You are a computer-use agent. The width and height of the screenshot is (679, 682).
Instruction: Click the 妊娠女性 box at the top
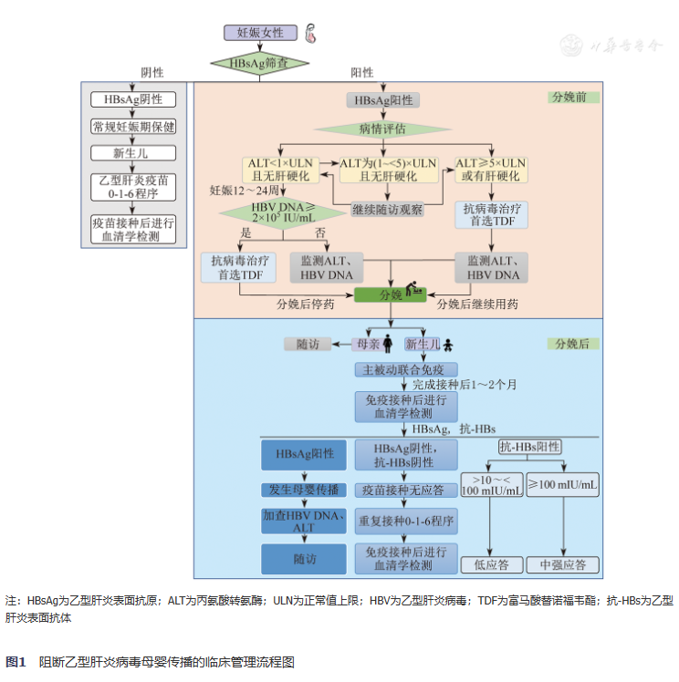pos(260,33)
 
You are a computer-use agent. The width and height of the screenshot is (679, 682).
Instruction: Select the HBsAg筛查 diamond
pos(259,64)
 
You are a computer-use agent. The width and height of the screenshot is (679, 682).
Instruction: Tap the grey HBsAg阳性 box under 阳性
pos(382,100)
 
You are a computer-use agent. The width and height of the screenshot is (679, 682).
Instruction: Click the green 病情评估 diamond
pos(382,129)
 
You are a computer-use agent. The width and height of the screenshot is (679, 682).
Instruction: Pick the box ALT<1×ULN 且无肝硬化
pos(279,169)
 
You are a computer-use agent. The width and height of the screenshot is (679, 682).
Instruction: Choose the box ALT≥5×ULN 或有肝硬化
pos(490,169)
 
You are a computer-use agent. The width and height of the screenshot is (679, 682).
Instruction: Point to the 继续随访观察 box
pos(388,210)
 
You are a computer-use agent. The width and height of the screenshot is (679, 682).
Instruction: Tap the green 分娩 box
pos(392,294)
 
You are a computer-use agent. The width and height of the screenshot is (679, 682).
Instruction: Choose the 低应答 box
pos(492,564)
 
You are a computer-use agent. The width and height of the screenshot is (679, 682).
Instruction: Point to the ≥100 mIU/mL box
pos(563,485)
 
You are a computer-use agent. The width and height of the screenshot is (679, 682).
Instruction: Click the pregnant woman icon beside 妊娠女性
pos(312,34)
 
